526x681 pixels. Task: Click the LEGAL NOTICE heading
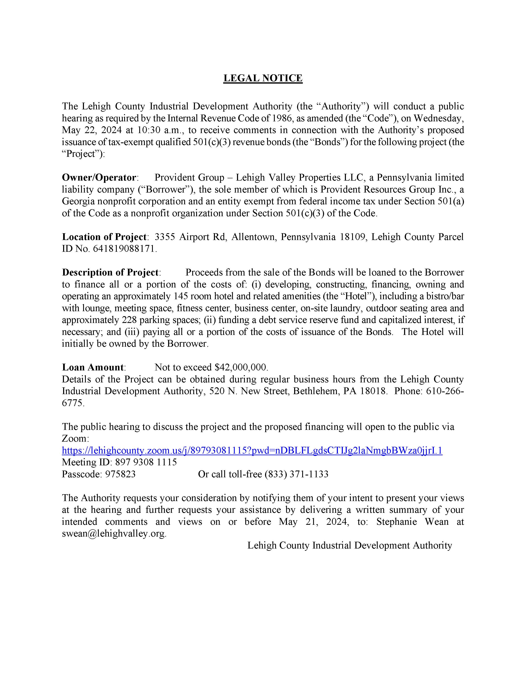click(x=263, y=78)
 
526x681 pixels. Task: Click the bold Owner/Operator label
click(x=99, y=177)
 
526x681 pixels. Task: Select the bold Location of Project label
click(x=104, y=237)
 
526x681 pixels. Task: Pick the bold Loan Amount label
click(x=93, y=367)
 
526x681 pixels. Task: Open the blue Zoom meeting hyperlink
click(x=252, y=450)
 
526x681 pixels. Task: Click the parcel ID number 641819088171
click(x=123, y=249)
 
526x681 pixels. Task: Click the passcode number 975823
click(x=120, y=474)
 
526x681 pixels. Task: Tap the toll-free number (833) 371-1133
click(x=296, y=474)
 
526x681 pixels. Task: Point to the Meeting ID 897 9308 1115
click(x=146, y=462)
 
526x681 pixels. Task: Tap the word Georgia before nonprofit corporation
click(x=78, y=201)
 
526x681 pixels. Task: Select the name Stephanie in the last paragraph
click(x=396, y=522)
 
